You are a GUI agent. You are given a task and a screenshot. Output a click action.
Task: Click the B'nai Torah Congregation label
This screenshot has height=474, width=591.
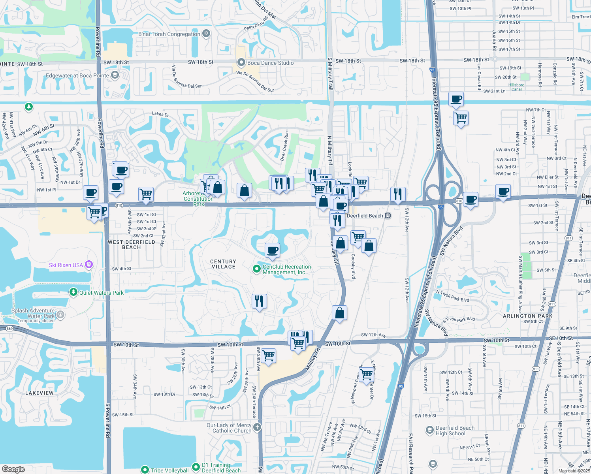pos(169,34)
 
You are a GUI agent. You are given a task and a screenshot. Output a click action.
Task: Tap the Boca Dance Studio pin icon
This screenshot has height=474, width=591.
pos(241,62)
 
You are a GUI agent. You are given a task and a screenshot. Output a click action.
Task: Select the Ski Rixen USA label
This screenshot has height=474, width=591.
pos(66,265)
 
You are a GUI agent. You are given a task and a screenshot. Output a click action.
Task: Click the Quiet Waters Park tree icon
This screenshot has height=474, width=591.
pos(73,292)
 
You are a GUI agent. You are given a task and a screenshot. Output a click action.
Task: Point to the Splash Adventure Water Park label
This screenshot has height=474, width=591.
pos(33,313)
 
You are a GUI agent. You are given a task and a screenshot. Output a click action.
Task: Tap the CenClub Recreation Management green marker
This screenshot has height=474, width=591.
pos(256,269)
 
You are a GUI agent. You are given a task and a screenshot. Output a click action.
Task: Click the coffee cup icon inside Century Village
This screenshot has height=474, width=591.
pos(272,250)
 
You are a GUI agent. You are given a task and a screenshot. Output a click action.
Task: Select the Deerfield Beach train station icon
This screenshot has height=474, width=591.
pos(388,216)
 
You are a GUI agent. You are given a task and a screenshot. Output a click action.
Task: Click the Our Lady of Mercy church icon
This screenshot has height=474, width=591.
pos(257,427)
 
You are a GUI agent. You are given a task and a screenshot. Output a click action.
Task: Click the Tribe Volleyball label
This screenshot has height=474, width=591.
pos(169,470)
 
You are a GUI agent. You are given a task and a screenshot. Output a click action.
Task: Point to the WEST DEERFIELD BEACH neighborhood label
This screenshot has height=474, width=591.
pos(132,245)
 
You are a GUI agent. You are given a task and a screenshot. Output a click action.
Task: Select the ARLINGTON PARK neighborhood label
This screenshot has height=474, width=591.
pos(528,316)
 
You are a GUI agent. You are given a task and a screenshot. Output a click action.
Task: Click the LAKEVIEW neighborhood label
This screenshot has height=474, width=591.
pos(40,393)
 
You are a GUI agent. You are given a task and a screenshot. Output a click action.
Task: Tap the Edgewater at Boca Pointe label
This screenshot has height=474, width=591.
pos(77,75)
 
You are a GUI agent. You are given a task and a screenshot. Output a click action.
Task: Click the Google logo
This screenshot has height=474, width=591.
pos(13,469)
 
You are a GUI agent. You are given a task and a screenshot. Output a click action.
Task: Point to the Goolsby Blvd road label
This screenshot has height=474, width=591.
pos(353,266)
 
